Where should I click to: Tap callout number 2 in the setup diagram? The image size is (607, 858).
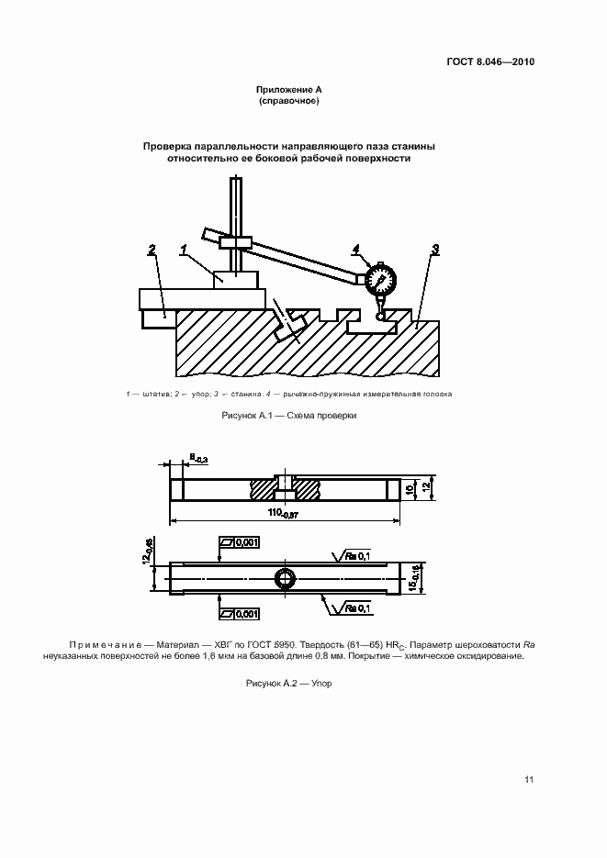pos(152,249)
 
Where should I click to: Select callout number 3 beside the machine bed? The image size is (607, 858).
pos(435,249)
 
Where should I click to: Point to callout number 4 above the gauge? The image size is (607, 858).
pos(355,248)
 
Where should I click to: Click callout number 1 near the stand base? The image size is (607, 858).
pos(184,249)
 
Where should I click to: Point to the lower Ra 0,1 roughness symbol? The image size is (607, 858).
pos(353,607)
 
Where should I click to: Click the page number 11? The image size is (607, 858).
pos(529,780)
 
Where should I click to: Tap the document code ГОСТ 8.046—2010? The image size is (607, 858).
pos(490,62)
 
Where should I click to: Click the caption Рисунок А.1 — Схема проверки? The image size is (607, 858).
pos(288,416)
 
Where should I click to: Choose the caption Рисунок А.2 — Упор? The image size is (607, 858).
pos(288,684)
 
